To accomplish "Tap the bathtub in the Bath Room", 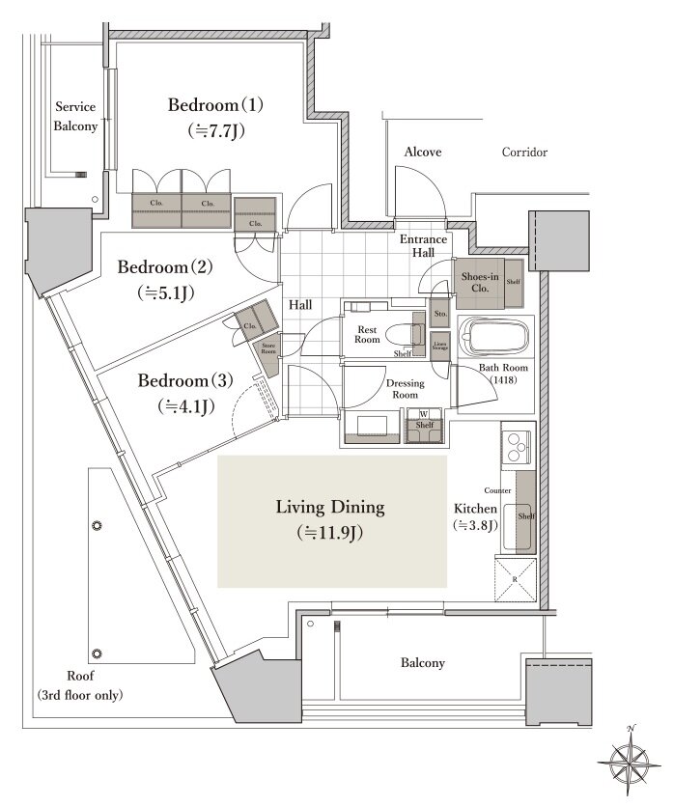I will (493, 339).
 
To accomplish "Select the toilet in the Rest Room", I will (401, 336).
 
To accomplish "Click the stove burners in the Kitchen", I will (517, 446).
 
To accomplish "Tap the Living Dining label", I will (330, 507).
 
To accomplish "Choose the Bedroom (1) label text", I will (215, 104).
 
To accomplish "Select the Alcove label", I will (423, 153).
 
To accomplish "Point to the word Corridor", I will (524, 153).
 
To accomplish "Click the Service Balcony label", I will (76, 116).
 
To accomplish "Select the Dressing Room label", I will (404, 389).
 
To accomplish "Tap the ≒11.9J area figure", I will (330, 531).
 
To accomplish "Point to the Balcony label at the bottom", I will (423, 663).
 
